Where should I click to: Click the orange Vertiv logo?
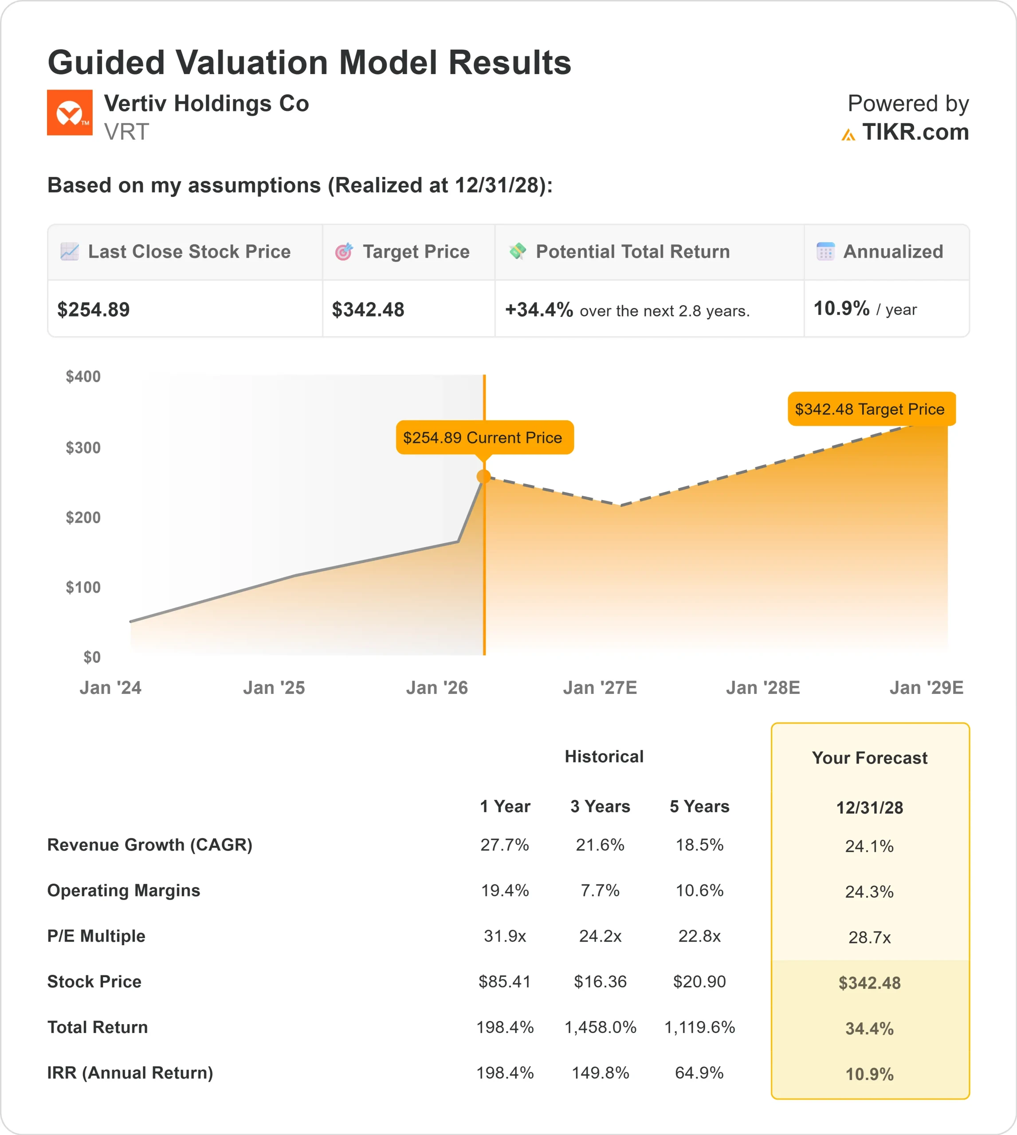69,112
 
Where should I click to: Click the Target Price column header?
416,252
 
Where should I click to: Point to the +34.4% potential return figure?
539,309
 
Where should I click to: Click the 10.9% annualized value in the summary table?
841,308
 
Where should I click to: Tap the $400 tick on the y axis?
83,376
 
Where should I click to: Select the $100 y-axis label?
83,587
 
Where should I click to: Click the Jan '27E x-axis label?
600,688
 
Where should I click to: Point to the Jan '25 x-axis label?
274,688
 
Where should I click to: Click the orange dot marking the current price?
484,477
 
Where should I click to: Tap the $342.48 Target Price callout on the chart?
871,409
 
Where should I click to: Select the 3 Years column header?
600,806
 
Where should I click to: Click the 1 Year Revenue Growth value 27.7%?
505,845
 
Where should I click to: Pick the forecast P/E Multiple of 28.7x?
869,937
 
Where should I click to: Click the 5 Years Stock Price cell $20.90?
699,982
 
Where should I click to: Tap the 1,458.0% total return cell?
600,1027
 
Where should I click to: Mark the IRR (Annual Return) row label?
130,1072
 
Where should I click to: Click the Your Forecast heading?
869,758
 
